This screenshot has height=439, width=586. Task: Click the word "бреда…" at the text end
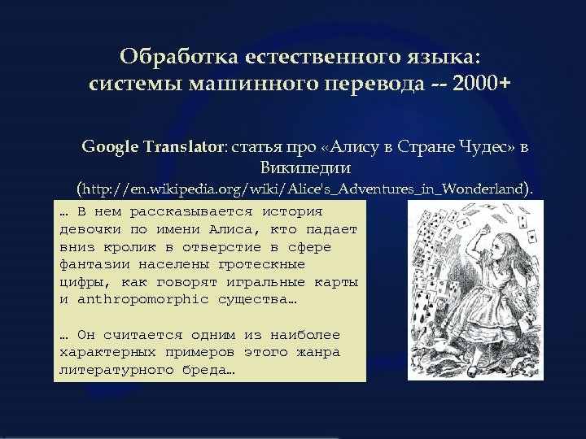point(208,371)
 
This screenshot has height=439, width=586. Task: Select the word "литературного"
point(109,371)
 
